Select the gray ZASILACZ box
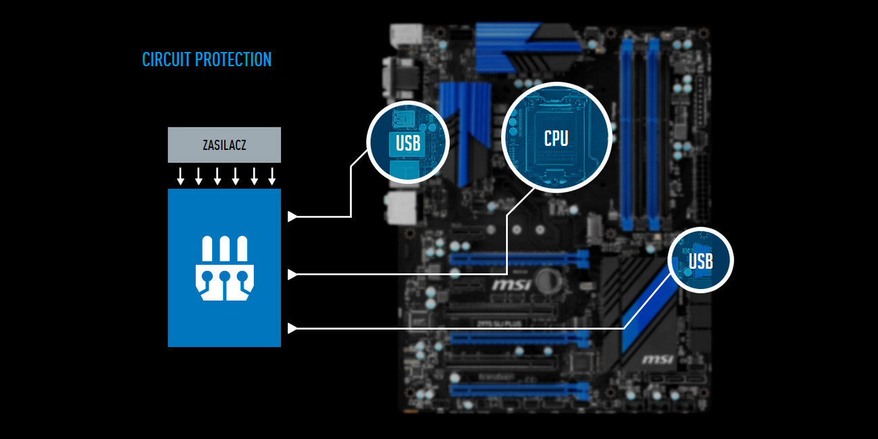coord(224,145)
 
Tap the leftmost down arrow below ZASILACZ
coord(180,176)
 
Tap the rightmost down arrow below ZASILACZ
coord(272,176)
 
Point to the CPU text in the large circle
coord(556,138)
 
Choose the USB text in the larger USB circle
coord(408,143)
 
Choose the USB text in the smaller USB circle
coord(700,261)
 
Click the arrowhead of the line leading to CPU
coord(292,274)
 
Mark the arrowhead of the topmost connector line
coord(292,217)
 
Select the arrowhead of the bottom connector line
coord(292,329)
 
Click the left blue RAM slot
coord(627,135)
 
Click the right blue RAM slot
coord(652,135)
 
